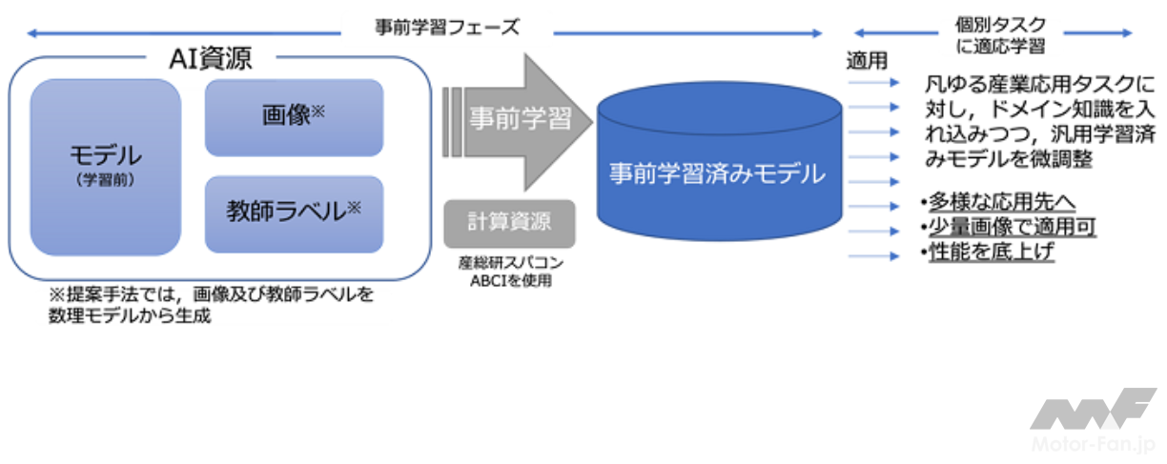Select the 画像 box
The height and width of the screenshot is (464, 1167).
(294, 117)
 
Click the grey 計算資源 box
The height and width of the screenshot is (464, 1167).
(510, 223)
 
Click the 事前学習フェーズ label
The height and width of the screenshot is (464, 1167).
(447, 27)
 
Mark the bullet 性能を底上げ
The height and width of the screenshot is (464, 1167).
(986, 252)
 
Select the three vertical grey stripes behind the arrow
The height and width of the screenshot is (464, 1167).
(452, 118)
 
